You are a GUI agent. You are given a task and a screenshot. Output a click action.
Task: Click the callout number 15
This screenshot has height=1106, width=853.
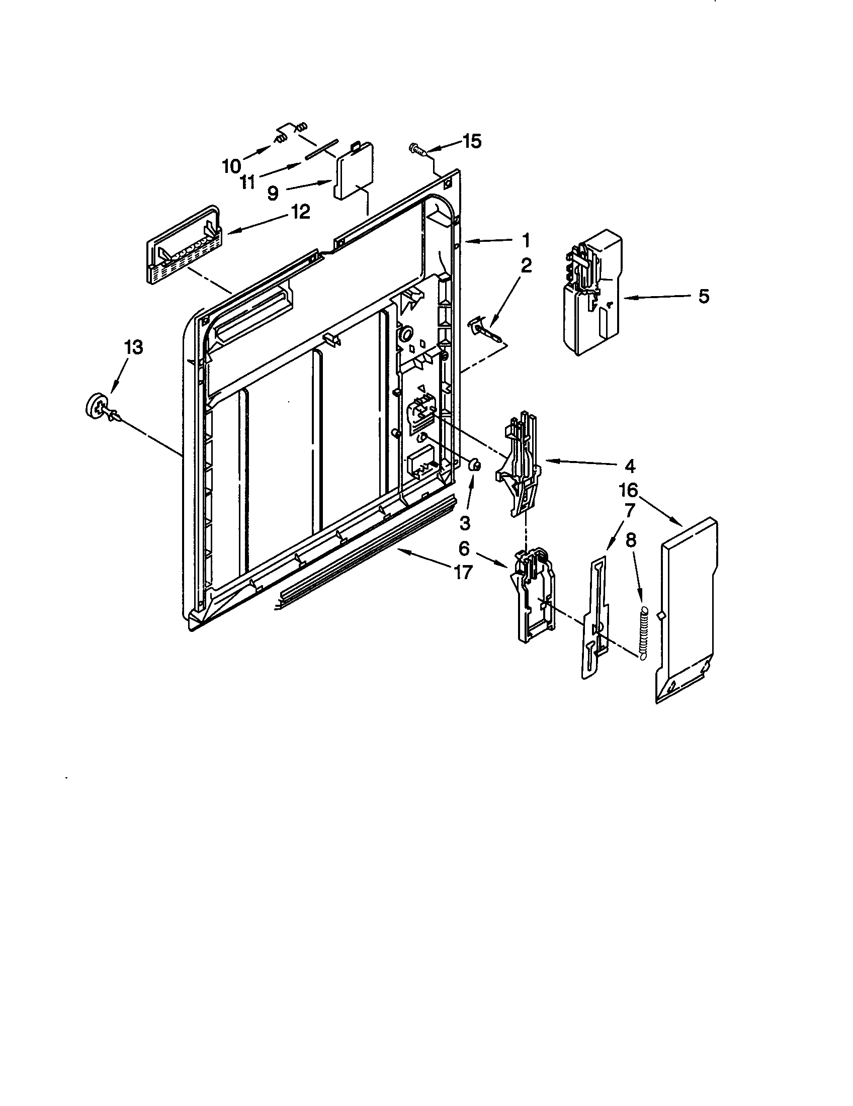[472, 142]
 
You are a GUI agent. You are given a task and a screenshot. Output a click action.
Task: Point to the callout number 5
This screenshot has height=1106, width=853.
[704, 297]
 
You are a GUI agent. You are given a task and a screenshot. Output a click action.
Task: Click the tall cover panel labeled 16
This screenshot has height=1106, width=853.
[689, 608]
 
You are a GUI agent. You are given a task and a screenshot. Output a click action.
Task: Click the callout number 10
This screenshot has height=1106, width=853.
[231, 165]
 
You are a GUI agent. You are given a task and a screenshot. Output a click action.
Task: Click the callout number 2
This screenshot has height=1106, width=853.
[526, 265]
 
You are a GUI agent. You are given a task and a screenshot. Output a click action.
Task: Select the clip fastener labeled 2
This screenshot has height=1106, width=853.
[484, 330]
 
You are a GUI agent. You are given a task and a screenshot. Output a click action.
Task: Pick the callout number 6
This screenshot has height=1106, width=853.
[464, 548]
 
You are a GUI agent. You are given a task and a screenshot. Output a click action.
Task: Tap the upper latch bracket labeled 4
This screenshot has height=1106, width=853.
[519, 461]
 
